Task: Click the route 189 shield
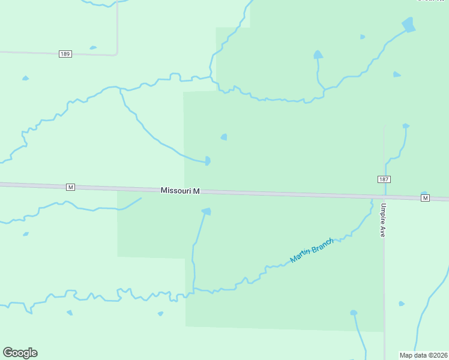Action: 65,54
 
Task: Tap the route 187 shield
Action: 384,179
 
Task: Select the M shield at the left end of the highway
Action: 71,187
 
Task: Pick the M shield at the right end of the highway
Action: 426,198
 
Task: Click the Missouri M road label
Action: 180,191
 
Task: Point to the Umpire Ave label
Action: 382,220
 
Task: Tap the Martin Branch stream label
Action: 311,250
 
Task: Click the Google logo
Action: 20,352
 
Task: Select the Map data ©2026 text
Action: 423,355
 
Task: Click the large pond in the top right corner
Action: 409,25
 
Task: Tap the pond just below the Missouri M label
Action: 206,211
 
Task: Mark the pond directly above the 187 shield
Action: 406,126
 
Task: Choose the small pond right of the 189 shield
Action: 93,47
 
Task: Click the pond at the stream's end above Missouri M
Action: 207,161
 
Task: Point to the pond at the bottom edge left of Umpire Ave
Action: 354,313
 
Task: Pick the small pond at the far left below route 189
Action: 25,78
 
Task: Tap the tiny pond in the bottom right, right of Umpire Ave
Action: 402,304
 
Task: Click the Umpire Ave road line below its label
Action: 384,282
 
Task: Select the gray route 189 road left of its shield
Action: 30,53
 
